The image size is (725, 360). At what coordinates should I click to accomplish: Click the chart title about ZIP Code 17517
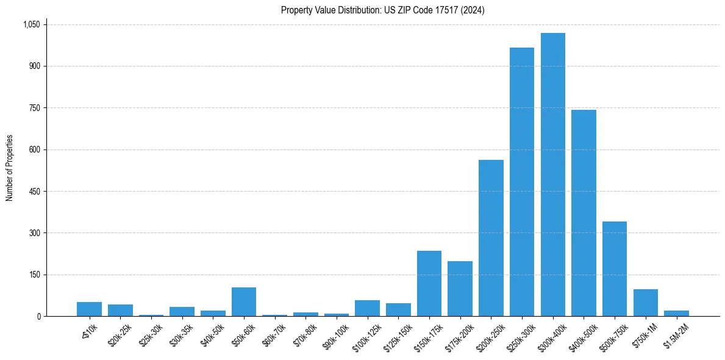pyautogui.click(x=382, y=10)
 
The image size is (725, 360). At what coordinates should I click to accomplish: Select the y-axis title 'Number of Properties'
pyautogui.click(x=10, y=168)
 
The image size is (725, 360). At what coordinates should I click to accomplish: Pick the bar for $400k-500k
pyautogui.click(x=584, y=213)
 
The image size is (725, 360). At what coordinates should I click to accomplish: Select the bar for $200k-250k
pyautogui.click(x=491, y=238)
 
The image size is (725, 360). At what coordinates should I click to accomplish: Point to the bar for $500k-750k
pyautogui.click(x=614, y=268)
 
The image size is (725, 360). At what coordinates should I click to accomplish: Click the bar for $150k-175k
pyautogui.click(x=429, y=283)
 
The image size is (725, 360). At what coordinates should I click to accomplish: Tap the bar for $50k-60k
pyautogui.click(x=243, y=301)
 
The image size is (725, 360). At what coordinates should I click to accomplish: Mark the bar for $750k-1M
pyautogui.click(x=645, y=303)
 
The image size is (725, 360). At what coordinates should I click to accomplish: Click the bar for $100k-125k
pyautogui.click(x=367, y=308)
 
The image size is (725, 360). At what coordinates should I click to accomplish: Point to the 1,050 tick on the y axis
pyautogui.click(x=31, y=24)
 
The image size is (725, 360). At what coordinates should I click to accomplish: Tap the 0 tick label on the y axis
pyautogui.click(x=38, y=316)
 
